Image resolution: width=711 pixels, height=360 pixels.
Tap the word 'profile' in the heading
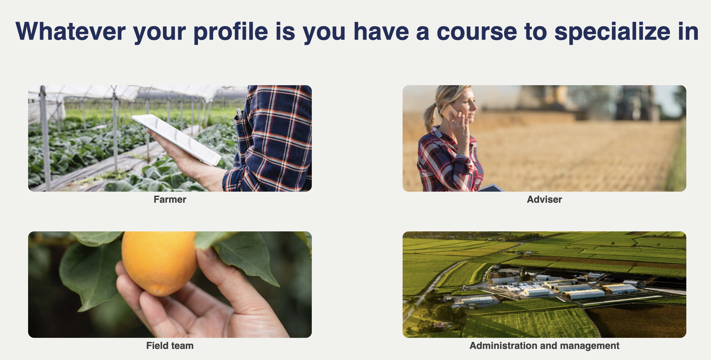click(231, 32)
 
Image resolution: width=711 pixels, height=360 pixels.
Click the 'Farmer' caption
click(170, 199)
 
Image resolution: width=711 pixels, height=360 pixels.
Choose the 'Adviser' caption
click(544, 199)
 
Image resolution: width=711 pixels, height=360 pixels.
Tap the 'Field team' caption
click(170, 346)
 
